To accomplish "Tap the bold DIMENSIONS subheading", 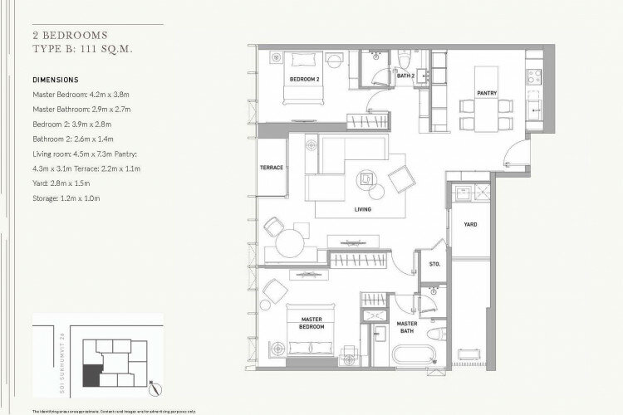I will tap(55, 81).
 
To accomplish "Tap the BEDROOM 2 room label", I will tap(304, 80).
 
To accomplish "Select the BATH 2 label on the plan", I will tap(405, 76).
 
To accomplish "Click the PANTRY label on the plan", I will tap(487, 93).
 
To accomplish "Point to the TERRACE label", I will tap(272, 168).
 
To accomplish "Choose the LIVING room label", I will tap(363, 210).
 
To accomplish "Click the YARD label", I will tap(470, 224).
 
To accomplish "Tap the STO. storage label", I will tap(434, 265).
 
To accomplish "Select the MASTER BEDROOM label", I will tap(311, 323).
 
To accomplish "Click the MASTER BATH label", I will tap(406, 327).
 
